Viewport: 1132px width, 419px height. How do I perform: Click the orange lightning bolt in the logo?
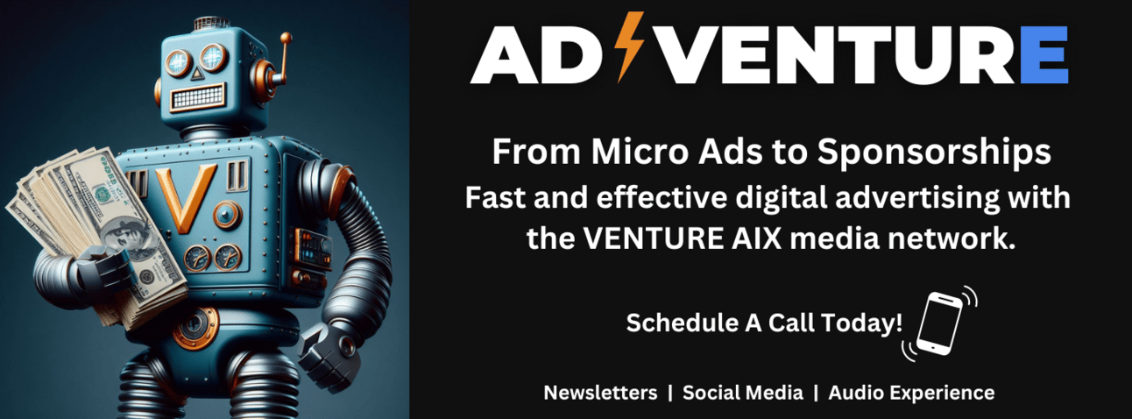[630, 46]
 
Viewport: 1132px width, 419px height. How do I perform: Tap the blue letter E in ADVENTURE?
[1044, 54]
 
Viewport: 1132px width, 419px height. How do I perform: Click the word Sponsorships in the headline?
[934, 153]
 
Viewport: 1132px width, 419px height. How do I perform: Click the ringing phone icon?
[939, 323]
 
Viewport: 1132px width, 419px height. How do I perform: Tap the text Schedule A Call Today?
[764, 323]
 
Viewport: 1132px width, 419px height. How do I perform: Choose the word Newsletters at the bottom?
[600, 393]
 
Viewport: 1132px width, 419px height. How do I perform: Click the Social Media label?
[743, 393]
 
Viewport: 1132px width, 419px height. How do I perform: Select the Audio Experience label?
[911, 393]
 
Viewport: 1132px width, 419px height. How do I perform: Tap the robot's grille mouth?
[197, 97]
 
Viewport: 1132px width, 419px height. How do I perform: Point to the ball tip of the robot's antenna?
[286, 38]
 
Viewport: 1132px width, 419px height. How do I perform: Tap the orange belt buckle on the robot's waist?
[195, 327]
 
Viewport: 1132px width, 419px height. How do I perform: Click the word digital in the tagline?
[782, 197]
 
